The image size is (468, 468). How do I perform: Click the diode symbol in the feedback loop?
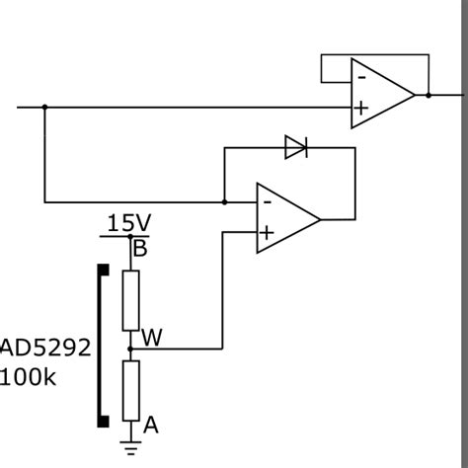(296, 148)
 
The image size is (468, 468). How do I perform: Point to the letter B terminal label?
(140, 249)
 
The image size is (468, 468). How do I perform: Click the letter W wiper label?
(152, 338)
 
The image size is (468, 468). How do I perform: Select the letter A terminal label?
(151, 426)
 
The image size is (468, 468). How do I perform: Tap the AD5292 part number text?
(46, 349)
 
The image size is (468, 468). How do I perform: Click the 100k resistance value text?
(35, 377)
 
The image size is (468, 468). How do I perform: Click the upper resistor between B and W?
(130, 300)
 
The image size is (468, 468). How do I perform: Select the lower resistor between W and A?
(130, 390)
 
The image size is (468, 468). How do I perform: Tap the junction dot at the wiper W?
(130, 348)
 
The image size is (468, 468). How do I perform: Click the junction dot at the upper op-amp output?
(428, 95)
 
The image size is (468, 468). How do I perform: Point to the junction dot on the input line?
(44, 107)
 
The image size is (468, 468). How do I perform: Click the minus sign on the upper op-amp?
(362, 77)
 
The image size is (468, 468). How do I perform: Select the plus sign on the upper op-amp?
(362, 109)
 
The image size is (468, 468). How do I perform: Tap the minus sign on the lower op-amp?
(267, 200)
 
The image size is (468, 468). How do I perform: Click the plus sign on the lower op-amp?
(267, 233)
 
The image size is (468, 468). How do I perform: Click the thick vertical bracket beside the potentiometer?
(102, 346)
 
